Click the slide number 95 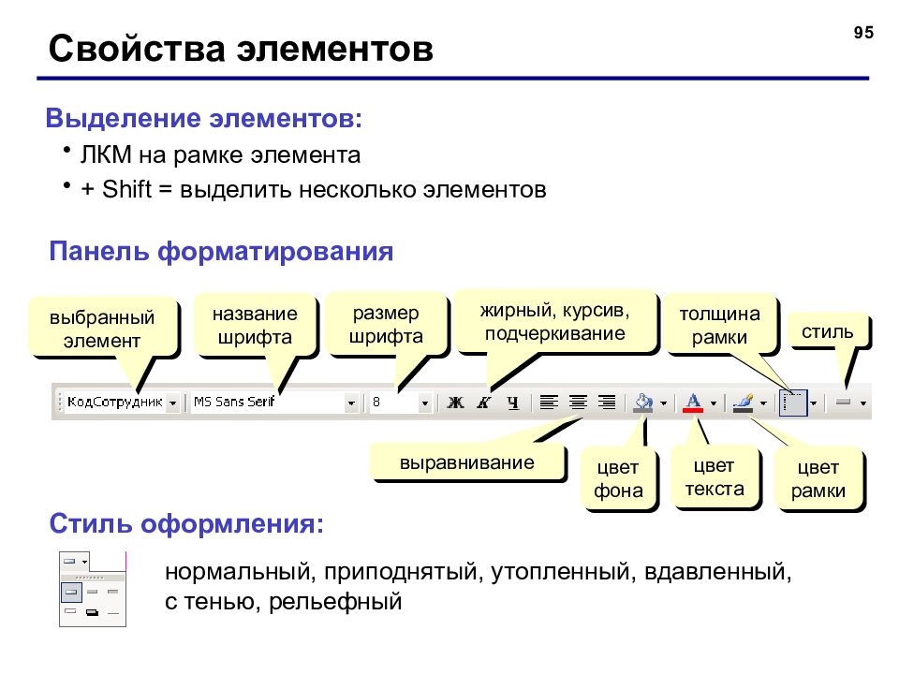pos(863,33)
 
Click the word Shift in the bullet pos(126,189)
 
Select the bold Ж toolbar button pos(456,403)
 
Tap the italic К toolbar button pos(484,403)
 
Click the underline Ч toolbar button pos(513,403)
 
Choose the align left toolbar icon pos(549,403)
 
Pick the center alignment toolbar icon pos(578,403)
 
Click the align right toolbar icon pos(607,403)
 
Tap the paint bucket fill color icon pos(642,403)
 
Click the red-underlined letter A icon pos(693,403)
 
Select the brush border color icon pos(743,403)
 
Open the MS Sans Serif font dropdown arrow pos(351,403)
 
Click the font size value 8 pos(376,402)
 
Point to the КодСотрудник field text pos(114,402)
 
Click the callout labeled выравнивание pos(468,462)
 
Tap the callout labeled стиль pos(827,331)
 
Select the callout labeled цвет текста pos(715,476)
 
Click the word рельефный pos(335,602)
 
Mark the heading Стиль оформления pos(186,523)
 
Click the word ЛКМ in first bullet pos(106,154)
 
